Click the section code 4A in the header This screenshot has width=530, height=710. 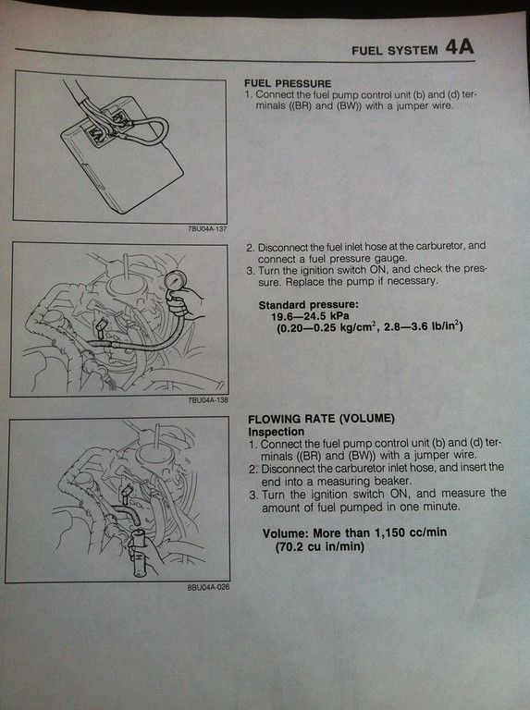point(460,47)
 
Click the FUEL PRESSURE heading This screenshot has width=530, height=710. point(288,83)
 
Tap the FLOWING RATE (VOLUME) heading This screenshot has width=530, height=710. point(321,419)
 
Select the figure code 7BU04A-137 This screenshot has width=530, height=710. point(207,228)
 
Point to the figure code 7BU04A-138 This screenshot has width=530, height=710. point(208,399)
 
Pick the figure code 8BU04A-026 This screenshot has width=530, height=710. point(208,587)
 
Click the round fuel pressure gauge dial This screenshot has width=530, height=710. point(176,282)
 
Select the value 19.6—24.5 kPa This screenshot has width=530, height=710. point(310,315)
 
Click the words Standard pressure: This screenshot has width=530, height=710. point(309,305)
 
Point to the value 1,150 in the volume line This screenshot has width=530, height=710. point(389,532)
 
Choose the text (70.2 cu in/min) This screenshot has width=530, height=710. point(320,546)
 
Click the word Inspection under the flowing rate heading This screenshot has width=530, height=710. point(277,432)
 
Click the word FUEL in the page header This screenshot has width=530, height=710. point(367,51)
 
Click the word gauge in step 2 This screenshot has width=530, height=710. point(390,259)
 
